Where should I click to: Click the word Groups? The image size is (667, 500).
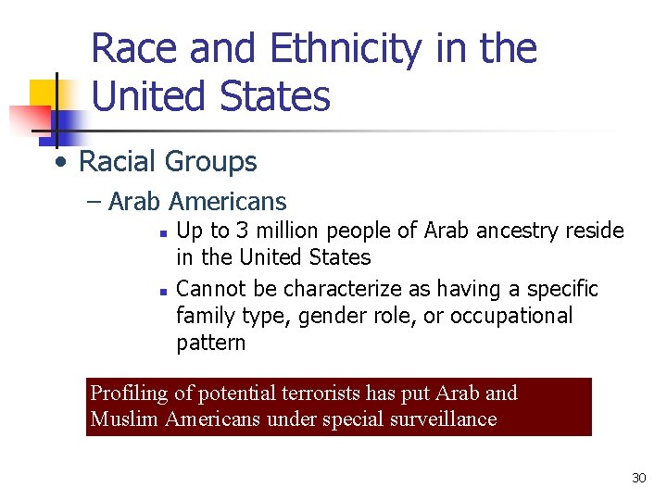[211, 162]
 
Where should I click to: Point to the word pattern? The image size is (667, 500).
[210, 343]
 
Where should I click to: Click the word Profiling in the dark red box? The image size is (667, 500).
[129, 394]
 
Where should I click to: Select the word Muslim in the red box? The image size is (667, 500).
[124, 419]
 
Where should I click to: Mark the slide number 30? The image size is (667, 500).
[638, 478]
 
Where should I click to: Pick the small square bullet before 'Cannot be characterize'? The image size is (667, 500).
[161, 291]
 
